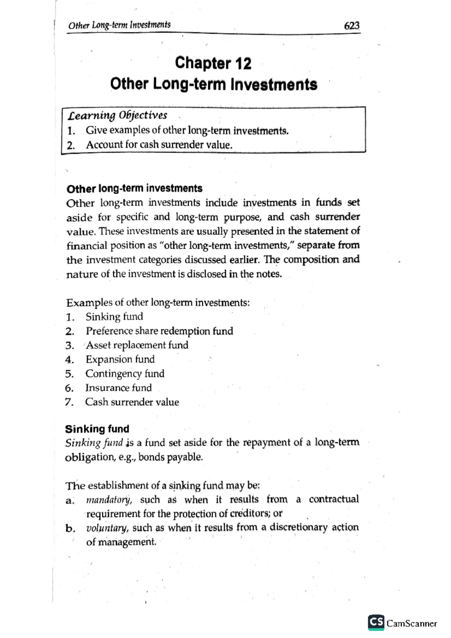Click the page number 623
pos(351,26)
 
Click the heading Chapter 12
pos(213,63)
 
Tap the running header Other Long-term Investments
pos(119,25)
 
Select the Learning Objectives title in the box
pos(117,115)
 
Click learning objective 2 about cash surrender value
pos(159,145)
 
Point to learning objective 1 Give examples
pos(187,130)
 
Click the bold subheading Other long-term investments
pos(134,188)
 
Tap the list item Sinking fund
pos(114,316)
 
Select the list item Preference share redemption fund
pos(159,331)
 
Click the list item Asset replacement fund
pos(137,345)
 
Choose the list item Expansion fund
pos(120,359)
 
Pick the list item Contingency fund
pos(125,373)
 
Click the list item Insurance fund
pos(118,388)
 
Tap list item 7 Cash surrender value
pos(132,402)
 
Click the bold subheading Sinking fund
pos(97,429)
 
